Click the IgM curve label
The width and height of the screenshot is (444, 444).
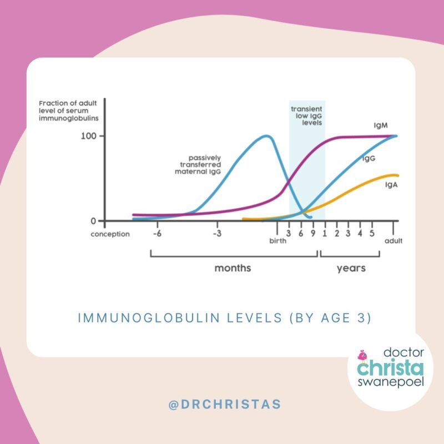point(381,126)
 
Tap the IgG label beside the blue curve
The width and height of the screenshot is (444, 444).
point(368,159)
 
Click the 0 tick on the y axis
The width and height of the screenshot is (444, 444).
point(93,221)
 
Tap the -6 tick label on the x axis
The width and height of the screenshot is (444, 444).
point(157,233)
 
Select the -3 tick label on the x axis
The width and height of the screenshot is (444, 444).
point(217,233)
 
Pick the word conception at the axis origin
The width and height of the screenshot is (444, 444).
point(110,234)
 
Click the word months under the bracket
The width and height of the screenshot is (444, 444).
point(233,268)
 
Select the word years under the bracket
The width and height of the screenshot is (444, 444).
point(351,268)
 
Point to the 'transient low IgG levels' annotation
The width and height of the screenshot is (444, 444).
point(307,115)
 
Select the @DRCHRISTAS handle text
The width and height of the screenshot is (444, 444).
point(225,405)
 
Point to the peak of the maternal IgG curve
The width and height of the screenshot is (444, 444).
point(266,135)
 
